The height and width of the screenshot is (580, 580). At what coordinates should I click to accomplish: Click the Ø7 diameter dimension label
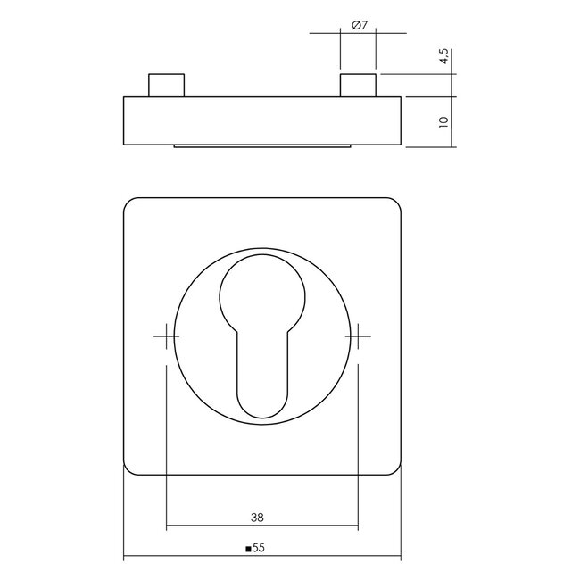tap(360, 26)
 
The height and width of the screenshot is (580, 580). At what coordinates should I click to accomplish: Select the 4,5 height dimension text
tap(444, 56)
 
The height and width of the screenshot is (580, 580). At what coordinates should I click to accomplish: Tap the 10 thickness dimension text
tap(443, 122)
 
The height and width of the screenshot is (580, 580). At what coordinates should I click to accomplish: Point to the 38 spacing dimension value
tap(257, 518)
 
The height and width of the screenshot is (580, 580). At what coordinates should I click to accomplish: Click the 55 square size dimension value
tap(260, 548)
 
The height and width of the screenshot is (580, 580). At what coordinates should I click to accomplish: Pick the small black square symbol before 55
tap(249, 549)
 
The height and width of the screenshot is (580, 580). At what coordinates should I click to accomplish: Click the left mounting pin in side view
tap(167, 86)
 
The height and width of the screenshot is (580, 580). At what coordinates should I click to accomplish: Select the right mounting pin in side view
tap(358, 86)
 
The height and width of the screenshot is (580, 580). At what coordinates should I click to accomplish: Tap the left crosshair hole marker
tap(167, 336)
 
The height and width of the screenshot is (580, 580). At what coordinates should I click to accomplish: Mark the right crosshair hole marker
tap(358, 336)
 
